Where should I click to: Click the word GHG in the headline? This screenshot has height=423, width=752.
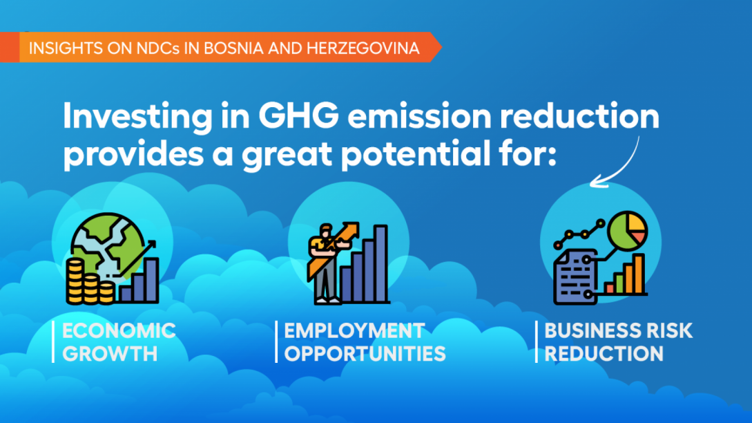(x=298, y=115)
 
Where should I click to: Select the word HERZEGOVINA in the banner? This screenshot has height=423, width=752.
(x=363, y=48)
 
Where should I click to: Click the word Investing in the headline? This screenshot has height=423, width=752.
(x=137, y=117)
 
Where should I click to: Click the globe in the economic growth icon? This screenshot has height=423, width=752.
(x=108, y=245)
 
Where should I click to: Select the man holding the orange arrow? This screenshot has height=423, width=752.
(x=326, y=263)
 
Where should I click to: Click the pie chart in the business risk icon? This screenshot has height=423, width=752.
(x=628, y=231)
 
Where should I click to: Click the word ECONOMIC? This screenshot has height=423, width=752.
(x=119, y=331)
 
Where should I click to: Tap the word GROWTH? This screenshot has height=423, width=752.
(x=110, y=354)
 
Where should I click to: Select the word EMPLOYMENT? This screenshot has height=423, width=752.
(x=354, y=331)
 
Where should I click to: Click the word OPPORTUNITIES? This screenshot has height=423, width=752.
(x=365, y=354)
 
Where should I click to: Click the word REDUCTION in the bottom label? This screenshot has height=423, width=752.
(x=604, y=354)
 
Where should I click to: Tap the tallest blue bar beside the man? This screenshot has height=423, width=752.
(x=380, y=263)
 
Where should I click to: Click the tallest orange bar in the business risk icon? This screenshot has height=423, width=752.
(x=638, y=274)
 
